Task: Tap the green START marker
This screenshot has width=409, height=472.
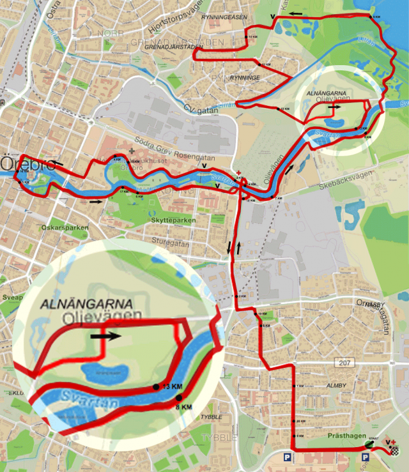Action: click(x=370, y=445)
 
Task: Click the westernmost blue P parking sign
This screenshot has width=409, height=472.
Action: click(x=288, y=457)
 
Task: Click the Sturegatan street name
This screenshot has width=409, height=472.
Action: click(x=167, y=241)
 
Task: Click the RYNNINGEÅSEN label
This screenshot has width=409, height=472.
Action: click(x=224, y=17)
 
